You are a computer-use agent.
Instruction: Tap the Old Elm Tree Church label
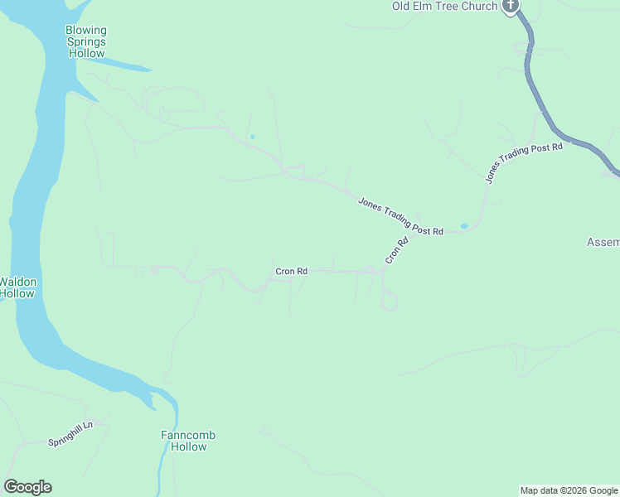click(x=444, y=7)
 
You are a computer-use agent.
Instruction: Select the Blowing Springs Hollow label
click(x=86, y=42)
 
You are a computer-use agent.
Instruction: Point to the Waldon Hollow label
click(x=17, y=287)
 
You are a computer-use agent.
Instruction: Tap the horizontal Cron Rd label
click(x=292, y=271)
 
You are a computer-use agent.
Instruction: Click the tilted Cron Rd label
click(x=397, y=252)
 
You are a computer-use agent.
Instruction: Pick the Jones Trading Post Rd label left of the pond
click(x=401, y=217)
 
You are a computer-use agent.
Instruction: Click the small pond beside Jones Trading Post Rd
click(x=464, y=225)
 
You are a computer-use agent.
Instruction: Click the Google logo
click(x=27, y=487)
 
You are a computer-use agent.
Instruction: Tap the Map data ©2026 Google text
click(x=569, y=490)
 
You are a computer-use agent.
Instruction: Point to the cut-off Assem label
click(x=603, y=243)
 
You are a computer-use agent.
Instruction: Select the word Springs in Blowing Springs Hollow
click(x=86, y=42)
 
